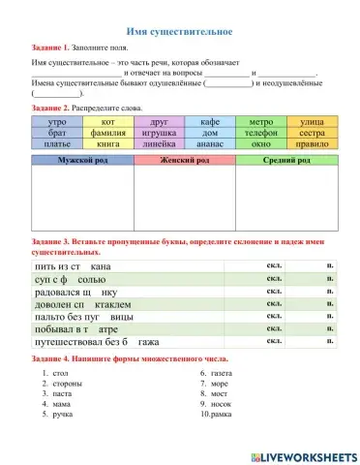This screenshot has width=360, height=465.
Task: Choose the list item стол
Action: [61, 372]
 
